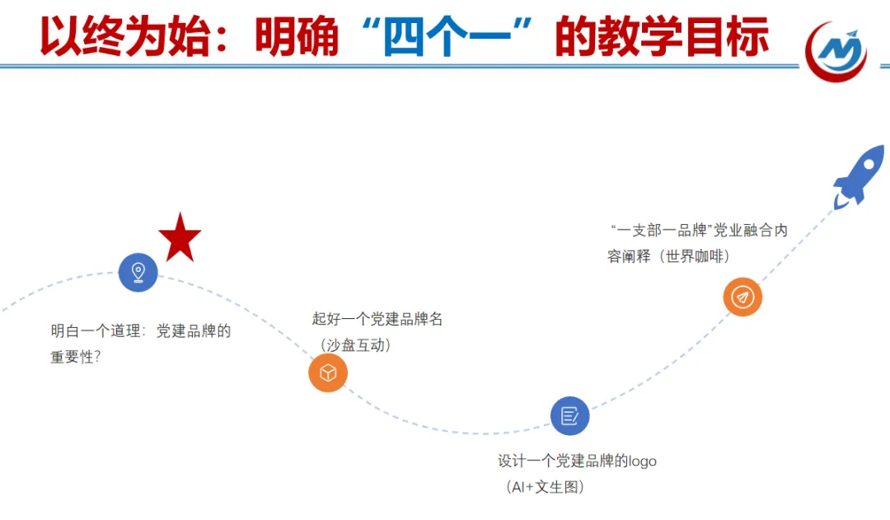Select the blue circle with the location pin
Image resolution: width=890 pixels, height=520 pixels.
pos(138,272)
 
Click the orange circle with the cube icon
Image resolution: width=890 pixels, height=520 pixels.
pos(328,372)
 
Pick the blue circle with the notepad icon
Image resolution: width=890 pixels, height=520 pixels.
pos(569,415)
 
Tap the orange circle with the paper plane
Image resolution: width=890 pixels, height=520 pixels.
pos(742,297)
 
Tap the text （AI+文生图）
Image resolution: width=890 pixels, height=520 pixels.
pos(545,487)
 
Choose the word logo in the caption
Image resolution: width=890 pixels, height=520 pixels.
pos(643,461)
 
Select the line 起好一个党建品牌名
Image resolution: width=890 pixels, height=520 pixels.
pos(377,319)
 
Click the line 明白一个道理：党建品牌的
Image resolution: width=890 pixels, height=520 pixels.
pos(141,332)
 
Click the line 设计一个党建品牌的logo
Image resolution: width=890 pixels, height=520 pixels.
pos(577,461)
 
